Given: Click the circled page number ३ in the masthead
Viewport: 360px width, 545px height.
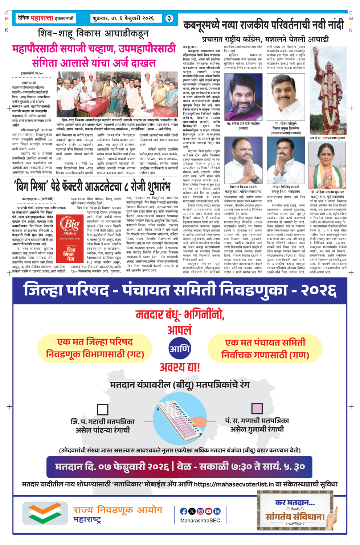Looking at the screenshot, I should tap(169, 18).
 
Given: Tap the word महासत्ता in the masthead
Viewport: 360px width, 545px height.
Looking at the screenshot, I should tap(42, 18).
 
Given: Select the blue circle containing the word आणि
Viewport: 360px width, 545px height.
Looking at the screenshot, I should tap(180, 349).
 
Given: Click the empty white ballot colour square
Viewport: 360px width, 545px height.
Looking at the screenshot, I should tap(103, 409).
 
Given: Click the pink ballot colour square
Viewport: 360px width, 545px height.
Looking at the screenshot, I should tap(257, 408).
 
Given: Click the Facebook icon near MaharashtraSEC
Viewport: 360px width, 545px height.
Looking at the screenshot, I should tap(184, 511).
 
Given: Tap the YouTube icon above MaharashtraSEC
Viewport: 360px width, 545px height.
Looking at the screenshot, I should tap(209, 511).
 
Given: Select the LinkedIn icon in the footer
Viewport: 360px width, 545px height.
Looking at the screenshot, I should tap(217, 511).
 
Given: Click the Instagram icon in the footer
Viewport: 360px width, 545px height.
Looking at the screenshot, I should tap(200, 511).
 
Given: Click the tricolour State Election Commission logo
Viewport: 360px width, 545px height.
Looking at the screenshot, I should tap(45, 513).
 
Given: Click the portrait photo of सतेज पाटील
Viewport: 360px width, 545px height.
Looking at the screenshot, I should tap(243, 97).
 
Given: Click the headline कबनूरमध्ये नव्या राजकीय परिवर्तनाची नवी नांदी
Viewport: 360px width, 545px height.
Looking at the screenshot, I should tap(263, 25).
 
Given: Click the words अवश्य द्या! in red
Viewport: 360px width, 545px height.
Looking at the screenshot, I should tap(180, 367).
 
